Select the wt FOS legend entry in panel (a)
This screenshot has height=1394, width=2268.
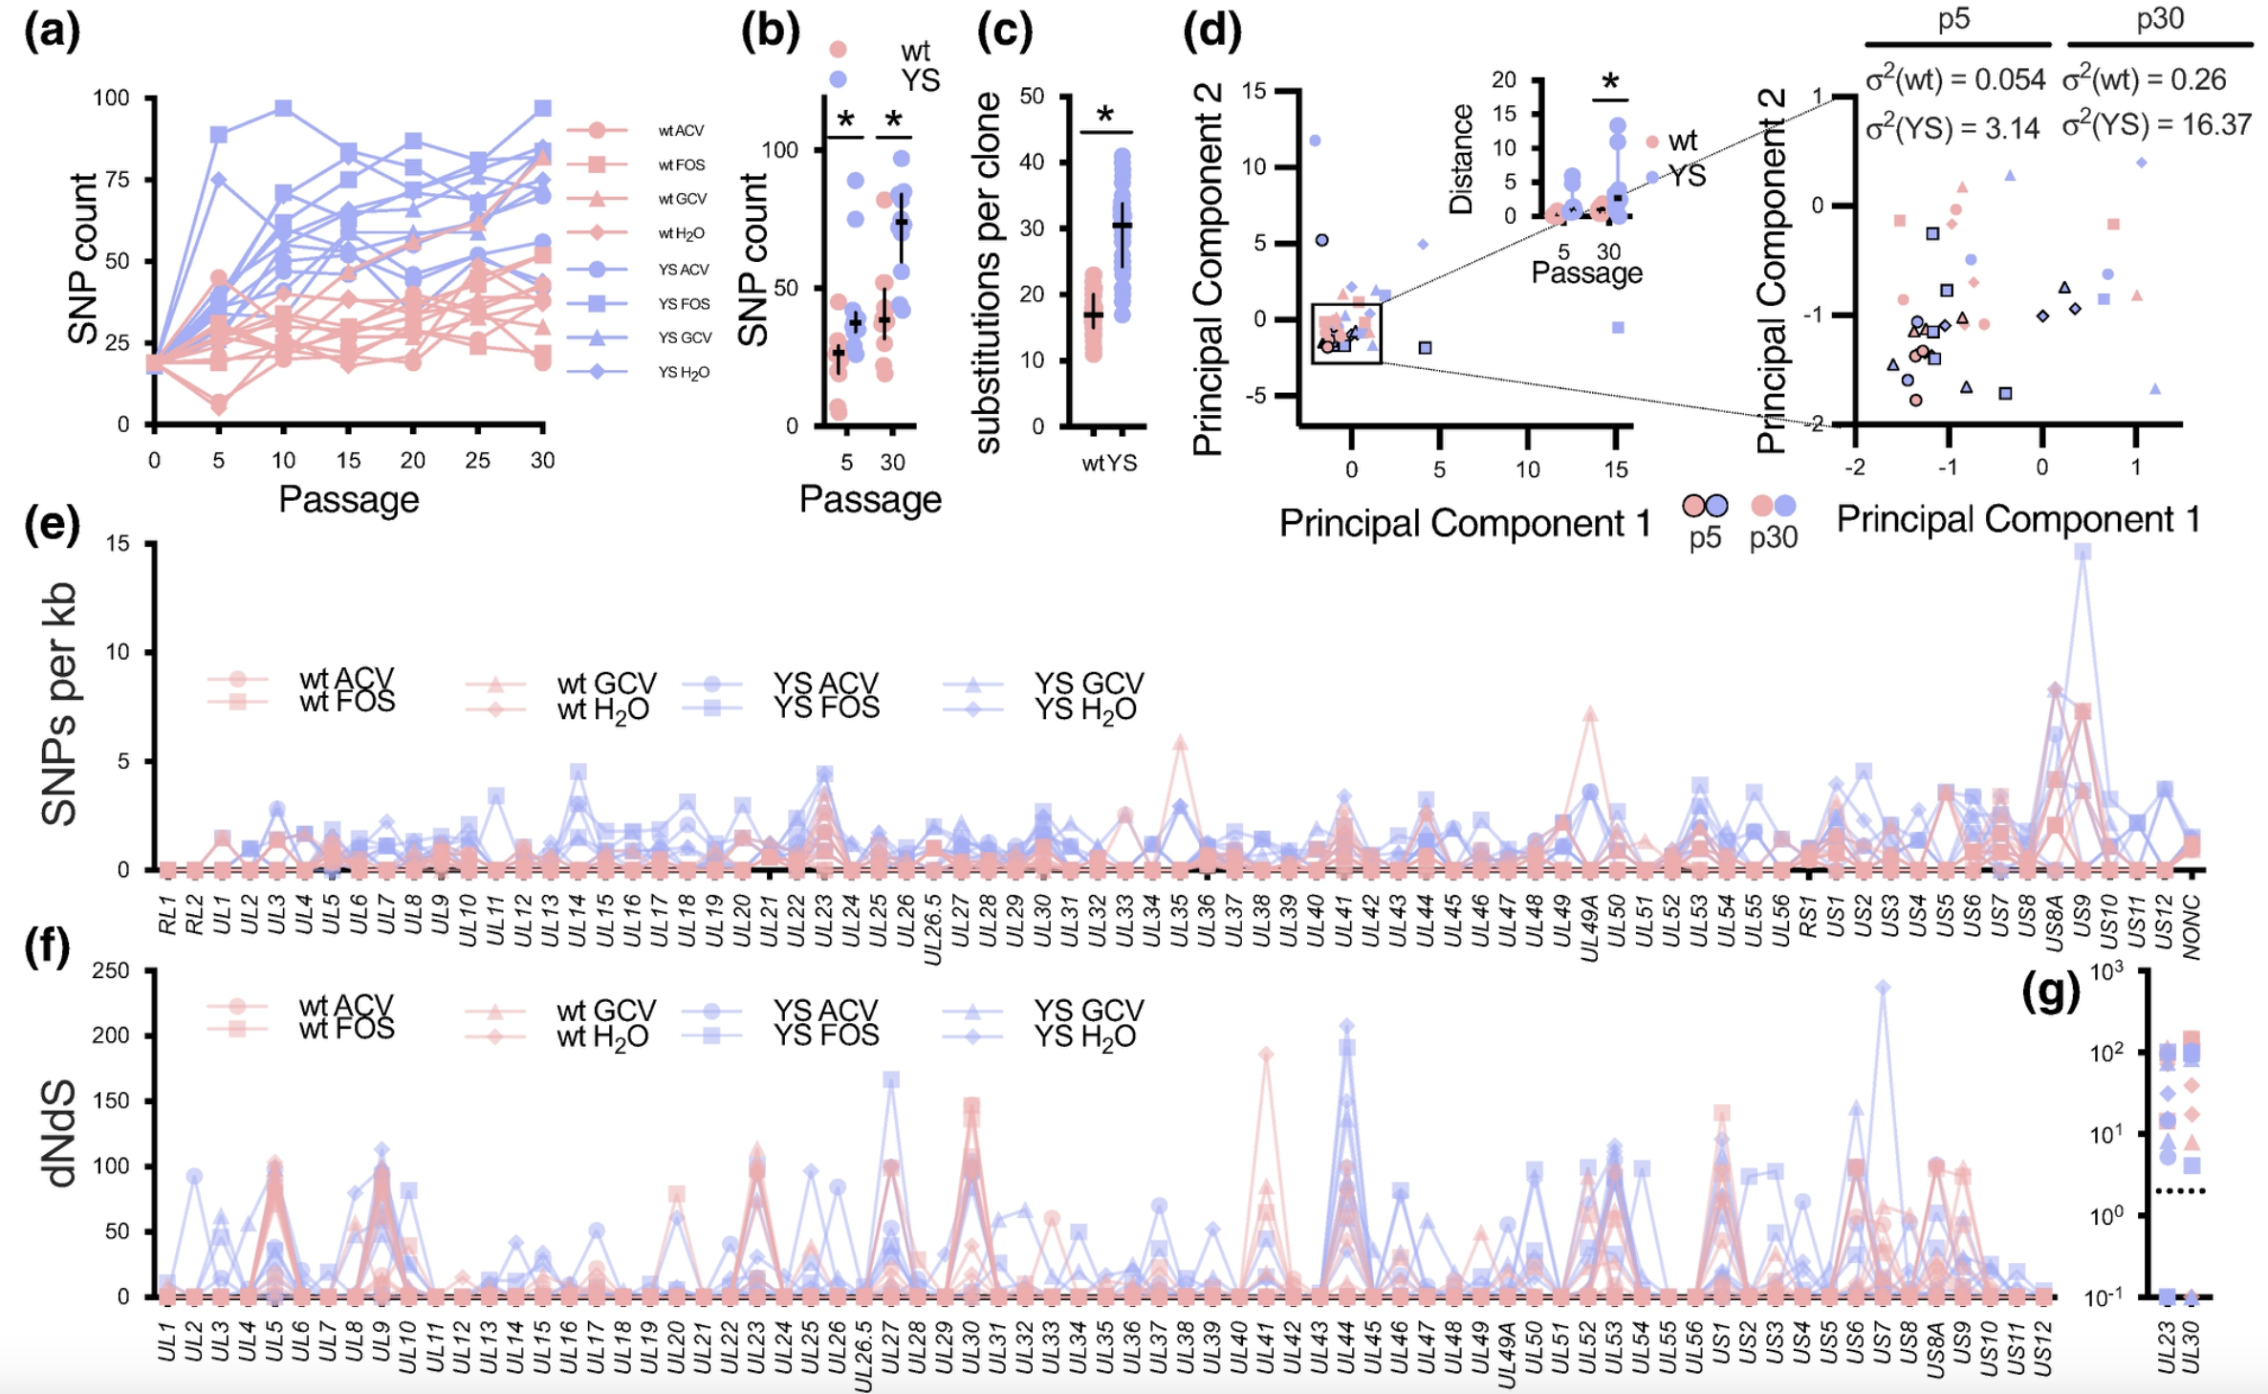pyautogui.click(x=681, y=165)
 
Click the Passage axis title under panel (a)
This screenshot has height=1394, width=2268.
pyautogui.click(x=348, y=499)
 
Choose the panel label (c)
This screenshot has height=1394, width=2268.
pyautogui.click(x=1004, y=32)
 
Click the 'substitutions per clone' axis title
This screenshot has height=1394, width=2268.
pyautogui.click(x=988, y=272)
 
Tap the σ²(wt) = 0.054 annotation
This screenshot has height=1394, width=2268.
pyautogui.click(x=1954, y=79)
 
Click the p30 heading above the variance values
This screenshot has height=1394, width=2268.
pyautogui.click(x=2160, y=19)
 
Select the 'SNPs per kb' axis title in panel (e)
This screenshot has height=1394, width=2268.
pyautogui.click(x=59, y=705)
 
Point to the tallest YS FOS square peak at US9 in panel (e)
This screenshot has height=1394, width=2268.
pyautogui.click(x=2083, y=552)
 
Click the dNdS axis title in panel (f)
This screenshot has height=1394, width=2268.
pyautogui.click(x=59, y=1133)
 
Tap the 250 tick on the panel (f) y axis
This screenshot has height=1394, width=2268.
pyautogui.click(x=110, y=970)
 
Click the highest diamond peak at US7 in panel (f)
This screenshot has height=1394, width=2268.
pyautogui.click(x=1883, y=987)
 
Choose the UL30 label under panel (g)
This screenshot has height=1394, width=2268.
pyautogui.click(x=2192, y=1346)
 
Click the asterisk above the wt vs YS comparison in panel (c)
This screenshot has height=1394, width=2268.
pyautogui.click(x=1105, y=116)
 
